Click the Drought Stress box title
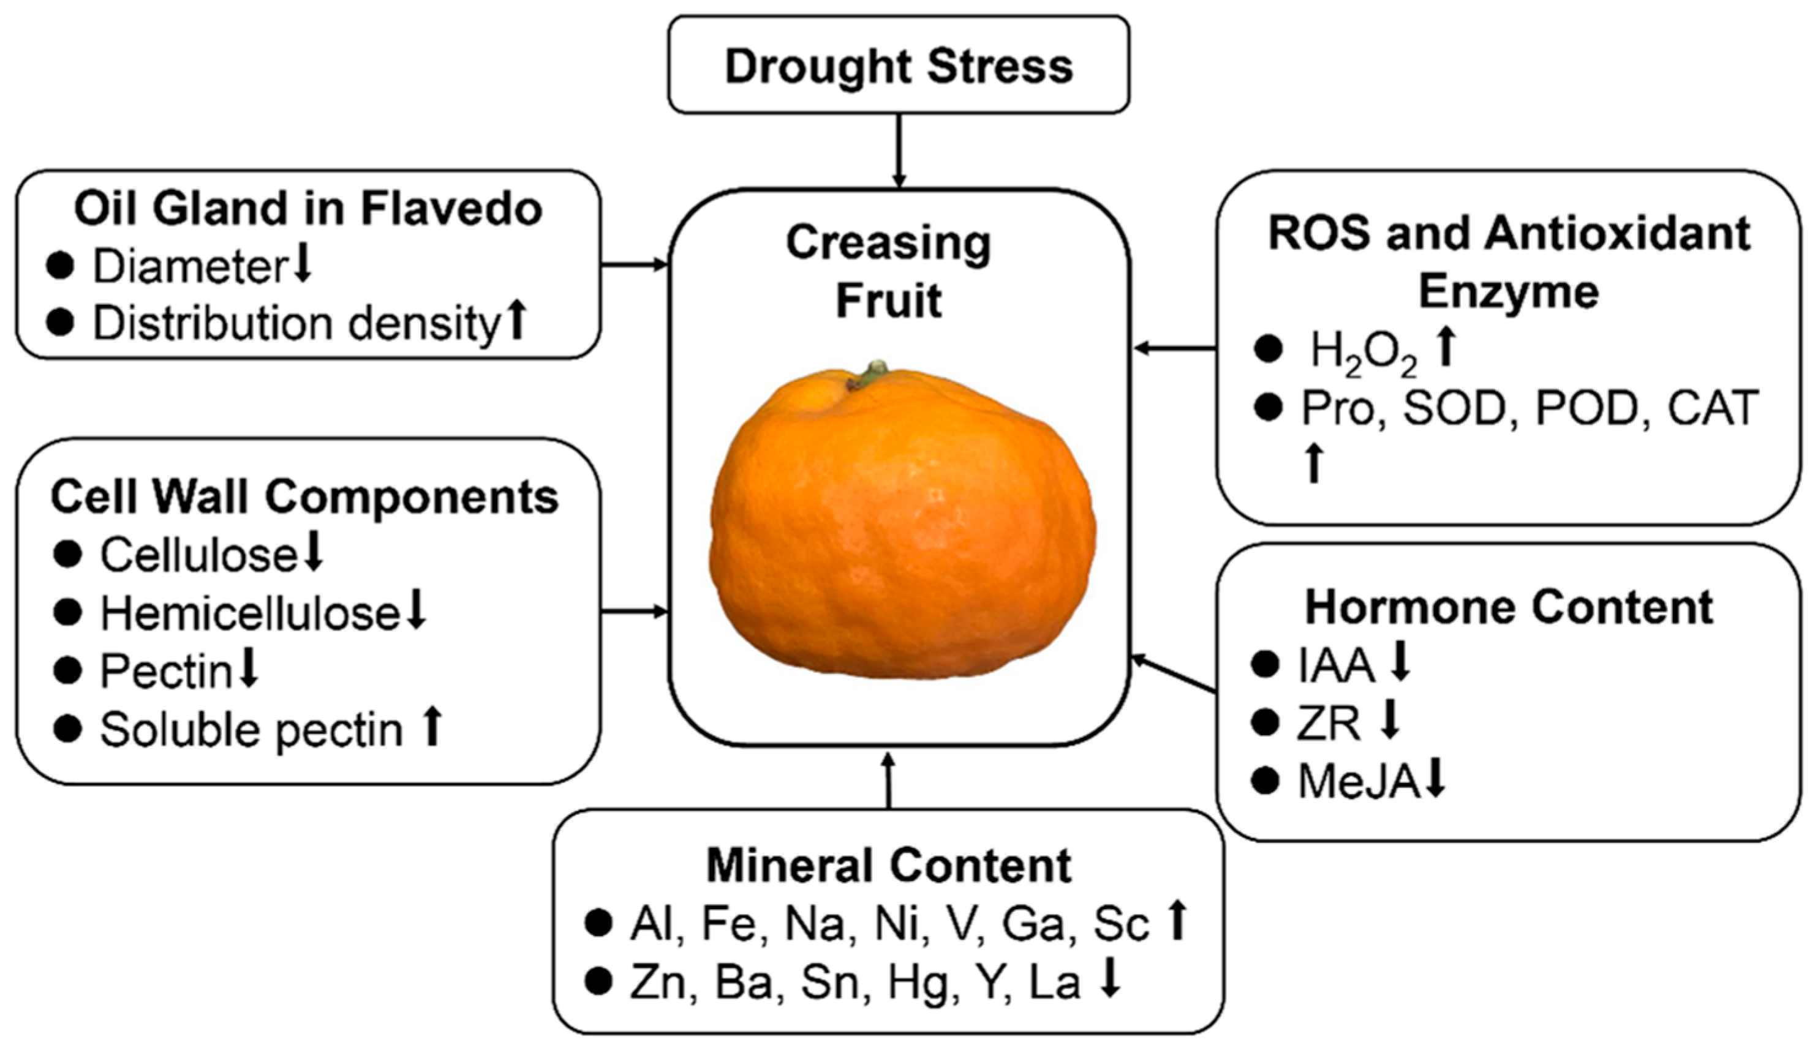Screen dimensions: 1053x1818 [898, 66]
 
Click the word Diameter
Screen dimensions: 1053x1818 [190, 267]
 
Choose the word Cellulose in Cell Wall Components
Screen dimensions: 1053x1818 [198, 555]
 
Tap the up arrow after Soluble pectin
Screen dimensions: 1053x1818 [431, 728]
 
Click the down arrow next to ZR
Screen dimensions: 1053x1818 [1389, 722]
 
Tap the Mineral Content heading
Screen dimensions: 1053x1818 [889, 865]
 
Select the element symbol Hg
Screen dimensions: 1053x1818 [918, 983]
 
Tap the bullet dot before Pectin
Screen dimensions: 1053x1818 [68, 671]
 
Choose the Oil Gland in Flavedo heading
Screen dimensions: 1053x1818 [308, 209]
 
